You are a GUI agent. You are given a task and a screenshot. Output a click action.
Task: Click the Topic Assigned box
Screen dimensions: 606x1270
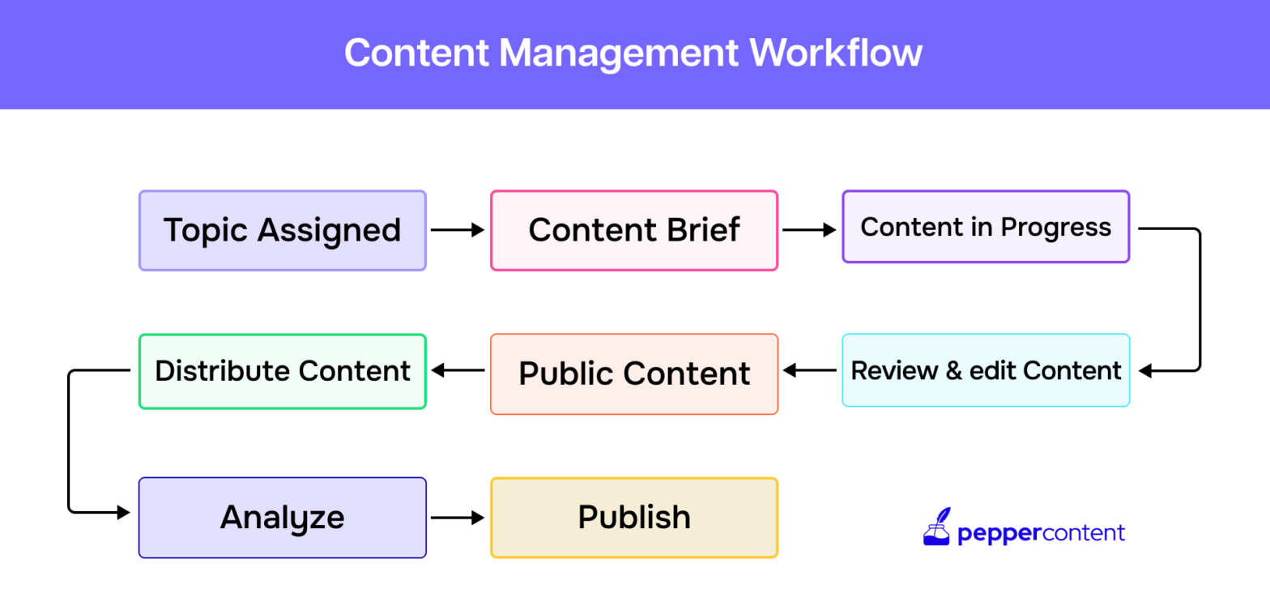coord(282,230)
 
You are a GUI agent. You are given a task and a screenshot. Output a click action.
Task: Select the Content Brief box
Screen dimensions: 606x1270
coord(633,230)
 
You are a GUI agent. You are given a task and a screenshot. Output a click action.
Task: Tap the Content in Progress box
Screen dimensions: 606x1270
coord(985,227)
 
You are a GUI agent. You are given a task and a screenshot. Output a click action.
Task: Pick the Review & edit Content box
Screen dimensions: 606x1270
coord(985,370)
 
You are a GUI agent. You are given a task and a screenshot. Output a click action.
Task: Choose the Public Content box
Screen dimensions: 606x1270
coord(633,373)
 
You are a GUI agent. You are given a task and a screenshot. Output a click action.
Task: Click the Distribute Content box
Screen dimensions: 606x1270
coord(282,371)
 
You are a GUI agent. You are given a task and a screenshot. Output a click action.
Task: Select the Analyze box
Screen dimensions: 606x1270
coord(282,517)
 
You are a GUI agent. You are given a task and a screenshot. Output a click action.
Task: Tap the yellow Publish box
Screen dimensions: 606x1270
coord(633,517)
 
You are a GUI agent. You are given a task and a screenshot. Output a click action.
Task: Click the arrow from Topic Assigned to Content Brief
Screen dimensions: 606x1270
coord(458,230)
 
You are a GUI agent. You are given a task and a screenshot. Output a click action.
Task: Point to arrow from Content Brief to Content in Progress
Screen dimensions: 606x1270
coord(809,230)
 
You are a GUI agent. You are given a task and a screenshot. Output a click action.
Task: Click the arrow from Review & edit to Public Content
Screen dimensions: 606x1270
coord(809,371)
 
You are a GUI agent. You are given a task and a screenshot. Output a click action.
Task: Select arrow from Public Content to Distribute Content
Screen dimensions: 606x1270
coord(458,371)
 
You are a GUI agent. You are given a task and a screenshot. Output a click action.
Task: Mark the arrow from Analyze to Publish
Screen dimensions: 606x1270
coord(458,517)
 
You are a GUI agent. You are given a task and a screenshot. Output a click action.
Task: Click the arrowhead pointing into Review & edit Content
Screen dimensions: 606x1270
coord(1145,371)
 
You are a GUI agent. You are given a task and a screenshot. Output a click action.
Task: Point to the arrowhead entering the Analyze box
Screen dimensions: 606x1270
coord(123,512)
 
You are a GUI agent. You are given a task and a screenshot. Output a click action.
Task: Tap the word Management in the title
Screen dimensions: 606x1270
coord(619,53)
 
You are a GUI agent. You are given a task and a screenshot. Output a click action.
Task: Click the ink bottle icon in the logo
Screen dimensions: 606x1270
coord(936,527)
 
